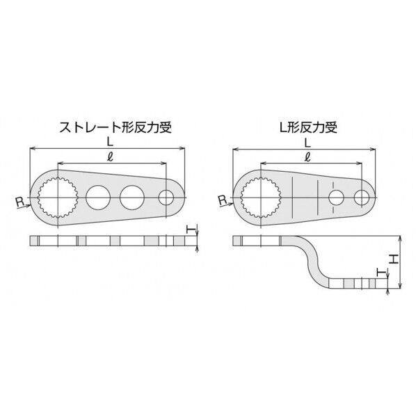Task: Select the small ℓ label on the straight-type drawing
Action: pos(105,157)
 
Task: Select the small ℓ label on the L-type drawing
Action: pos(308,157)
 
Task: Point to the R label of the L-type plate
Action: pos(222,201)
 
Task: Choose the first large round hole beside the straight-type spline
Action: pos(98,197)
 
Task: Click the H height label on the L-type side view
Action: pos(394,259)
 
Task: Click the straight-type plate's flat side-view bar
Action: pos(104,241)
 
